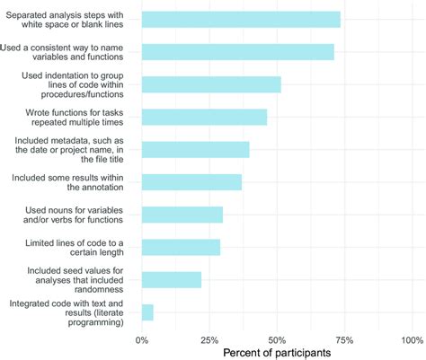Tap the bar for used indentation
tap(211, 84)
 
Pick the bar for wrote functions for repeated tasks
tap(204, 117)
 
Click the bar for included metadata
tap(195, 149)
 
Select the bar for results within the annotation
tap(191, 182)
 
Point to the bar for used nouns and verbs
tap(182, 215)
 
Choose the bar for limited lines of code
tap(181, 247)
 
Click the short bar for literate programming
tap(147, 312)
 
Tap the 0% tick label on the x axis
tap(142, 339)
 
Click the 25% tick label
tap(209, 339)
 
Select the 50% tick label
tap(277, 339)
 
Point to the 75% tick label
tap(344, 339)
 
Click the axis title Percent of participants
tap(276, 353)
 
